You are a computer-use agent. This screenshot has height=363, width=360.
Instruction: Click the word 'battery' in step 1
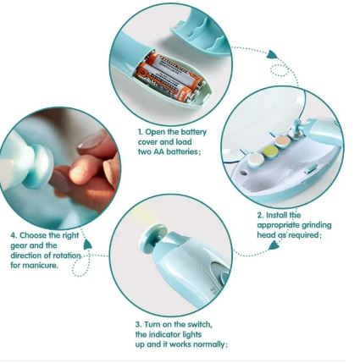pos(194,132)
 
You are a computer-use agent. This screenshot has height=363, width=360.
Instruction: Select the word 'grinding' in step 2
pos(317,226)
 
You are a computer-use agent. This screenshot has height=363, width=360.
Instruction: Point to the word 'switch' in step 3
pos(200,325)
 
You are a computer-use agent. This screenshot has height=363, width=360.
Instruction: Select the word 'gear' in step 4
pos(19,246)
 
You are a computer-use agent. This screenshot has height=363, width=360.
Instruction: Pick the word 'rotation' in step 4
pos(67,256)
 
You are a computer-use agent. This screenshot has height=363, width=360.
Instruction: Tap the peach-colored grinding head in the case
pos(283,141)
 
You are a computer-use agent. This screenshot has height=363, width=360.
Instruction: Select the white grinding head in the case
pos(256,160)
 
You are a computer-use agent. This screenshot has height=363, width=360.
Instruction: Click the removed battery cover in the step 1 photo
pos(201,35)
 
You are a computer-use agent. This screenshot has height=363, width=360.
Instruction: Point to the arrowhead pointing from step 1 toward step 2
pos(272,54)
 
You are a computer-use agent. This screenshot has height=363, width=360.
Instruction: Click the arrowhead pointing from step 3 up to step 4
pos(87,245)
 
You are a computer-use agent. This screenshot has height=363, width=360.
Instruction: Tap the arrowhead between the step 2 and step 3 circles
pos(274,246)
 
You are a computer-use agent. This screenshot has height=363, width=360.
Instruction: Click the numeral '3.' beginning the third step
pos(138,325)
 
